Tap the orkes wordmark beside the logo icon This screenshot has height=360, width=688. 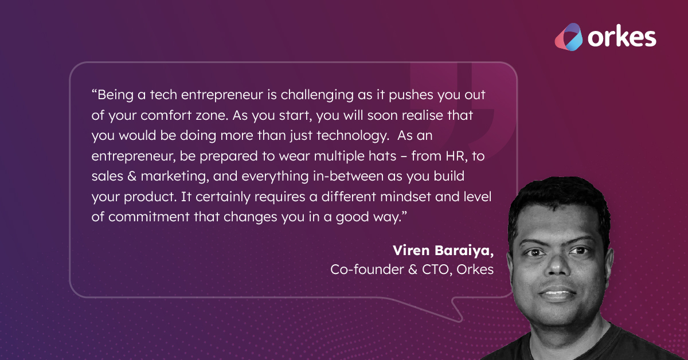point(621,37)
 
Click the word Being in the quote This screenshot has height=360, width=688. point(114,93)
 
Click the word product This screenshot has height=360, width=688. point(142,197)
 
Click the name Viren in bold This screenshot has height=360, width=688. point(411,251)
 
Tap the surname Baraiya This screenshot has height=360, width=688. point(464,251)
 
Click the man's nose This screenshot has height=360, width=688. point(556,269)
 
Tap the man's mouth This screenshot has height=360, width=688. point(557,294)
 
